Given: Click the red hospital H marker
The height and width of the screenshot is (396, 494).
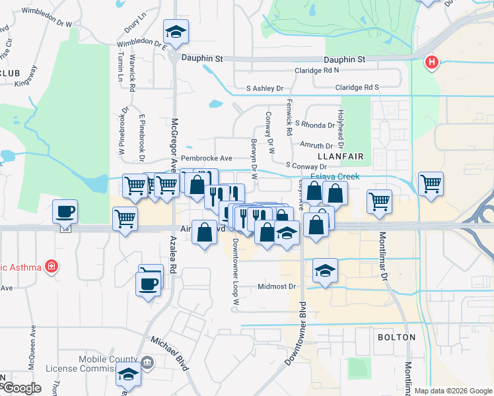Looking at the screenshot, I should click(432, 63).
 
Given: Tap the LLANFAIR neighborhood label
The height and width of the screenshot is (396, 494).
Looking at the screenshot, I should click(341, 156).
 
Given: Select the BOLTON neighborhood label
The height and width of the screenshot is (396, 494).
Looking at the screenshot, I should click(396, 337).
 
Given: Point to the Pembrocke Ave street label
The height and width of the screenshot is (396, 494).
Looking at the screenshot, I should click(207, 159).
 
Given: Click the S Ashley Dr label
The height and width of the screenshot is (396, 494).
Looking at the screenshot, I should click(264, 88).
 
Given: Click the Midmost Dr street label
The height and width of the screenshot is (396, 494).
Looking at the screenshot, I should click(276, 286).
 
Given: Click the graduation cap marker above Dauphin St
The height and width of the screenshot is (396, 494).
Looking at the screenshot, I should click(176, 31).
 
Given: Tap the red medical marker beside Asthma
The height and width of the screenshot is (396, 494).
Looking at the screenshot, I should click(52, 267).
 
